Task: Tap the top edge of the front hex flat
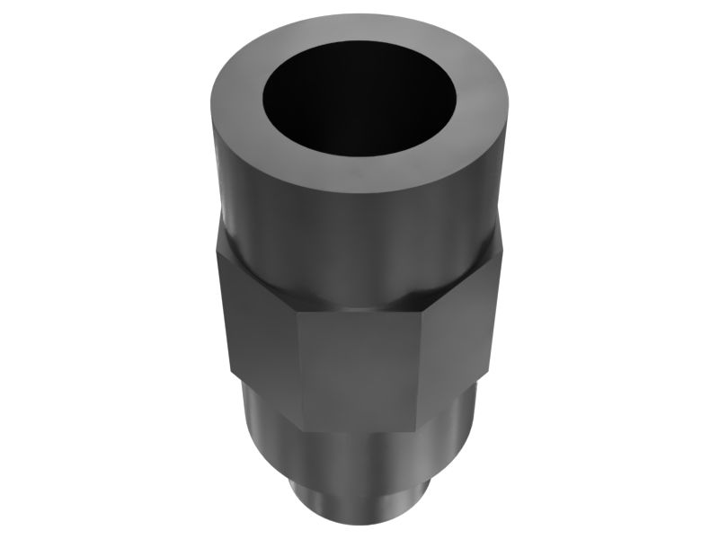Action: [359, 312]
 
